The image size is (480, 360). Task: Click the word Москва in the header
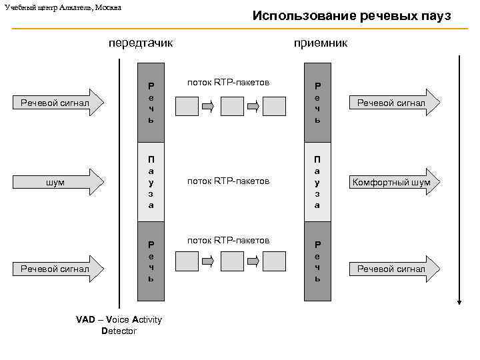tap(106, 7)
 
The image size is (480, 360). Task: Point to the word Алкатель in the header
tap(73, 7)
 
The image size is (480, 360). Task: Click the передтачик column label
tap(141, 43)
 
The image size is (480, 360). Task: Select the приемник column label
tap(321, 43)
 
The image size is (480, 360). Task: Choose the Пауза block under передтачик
tap(151, 182)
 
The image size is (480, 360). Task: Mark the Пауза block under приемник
tap(317, 182)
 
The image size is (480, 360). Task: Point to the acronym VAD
tap(85, 320)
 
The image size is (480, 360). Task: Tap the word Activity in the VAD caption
tap(147, 320)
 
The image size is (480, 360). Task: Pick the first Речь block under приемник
tap(317, 103)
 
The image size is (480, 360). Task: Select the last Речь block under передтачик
tap(151, 261)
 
